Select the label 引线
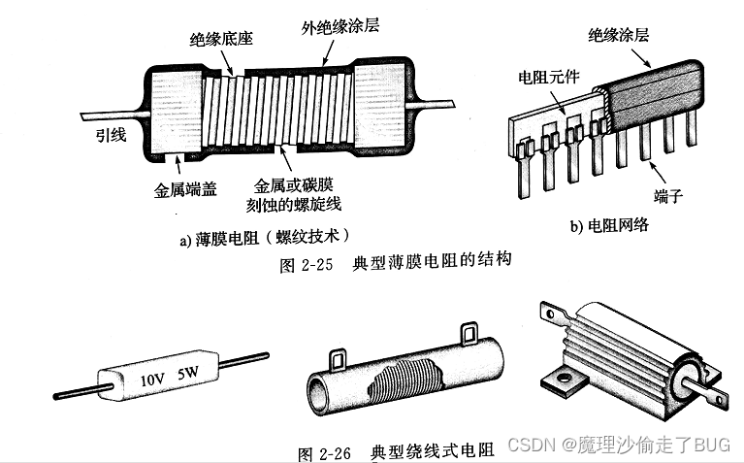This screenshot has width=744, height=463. [109, 136]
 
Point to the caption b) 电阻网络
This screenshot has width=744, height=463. [609, 226]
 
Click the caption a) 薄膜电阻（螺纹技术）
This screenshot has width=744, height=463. [263, 236]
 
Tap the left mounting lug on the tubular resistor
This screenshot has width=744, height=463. [340, 360]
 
